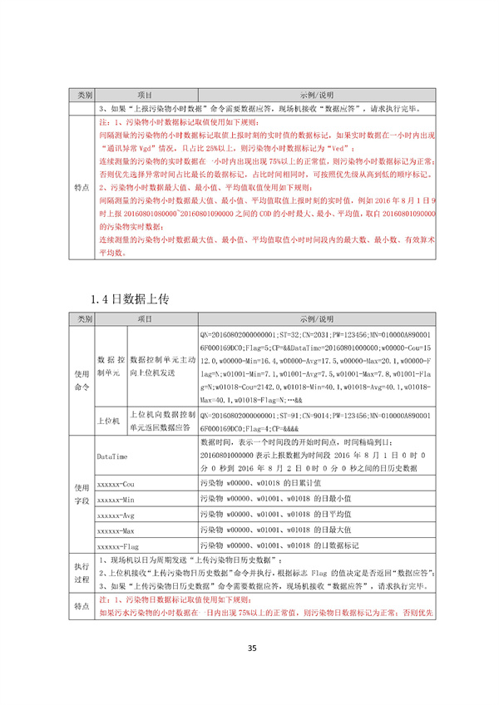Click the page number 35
pos(249,650)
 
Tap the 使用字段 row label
pos(82,493)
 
